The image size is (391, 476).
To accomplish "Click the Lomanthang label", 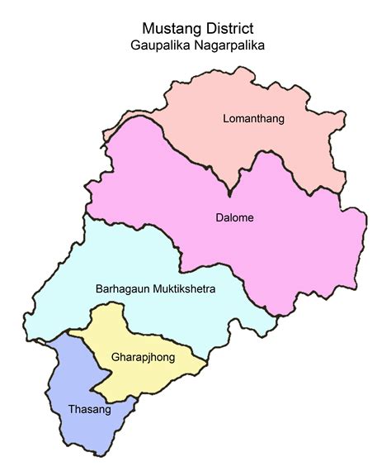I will tap(253, 119).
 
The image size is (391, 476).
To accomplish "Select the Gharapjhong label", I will tap(137, 359).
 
